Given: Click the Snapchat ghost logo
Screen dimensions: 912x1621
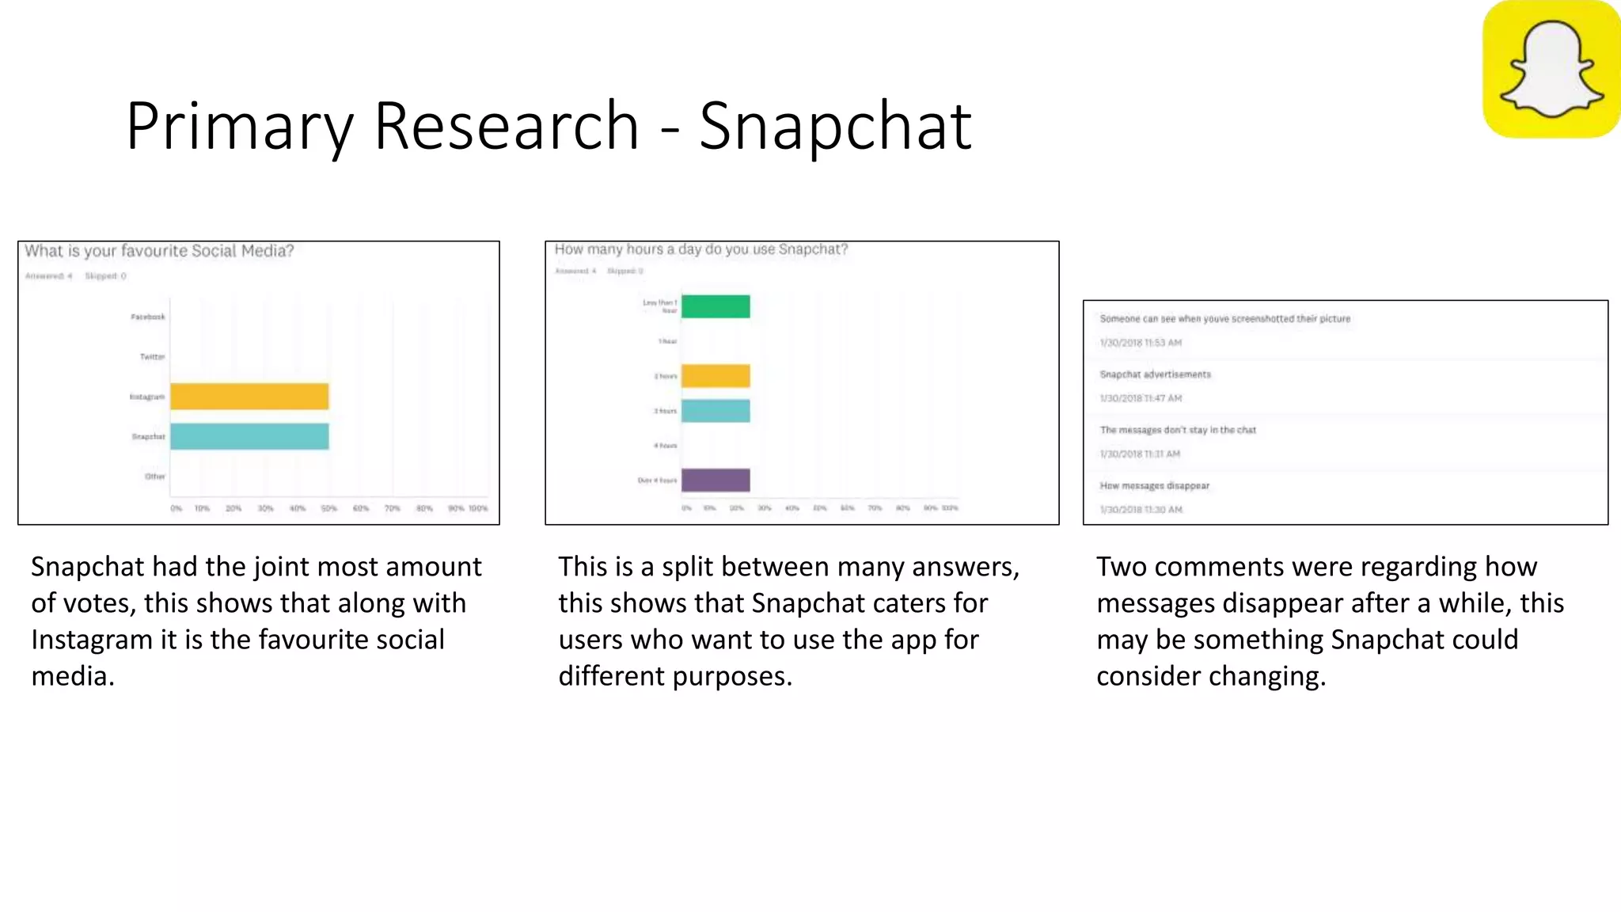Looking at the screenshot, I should pyautogui.click(x=1551, y=69).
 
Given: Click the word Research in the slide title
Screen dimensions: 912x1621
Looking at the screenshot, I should pyautogui.click(x=506, y=126).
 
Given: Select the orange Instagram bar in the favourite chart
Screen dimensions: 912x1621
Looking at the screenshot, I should pyautogui.click(x=249, y=397).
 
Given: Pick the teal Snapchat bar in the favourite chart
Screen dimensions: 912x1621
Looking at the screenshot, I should pyautogui.click(x=249, y=436).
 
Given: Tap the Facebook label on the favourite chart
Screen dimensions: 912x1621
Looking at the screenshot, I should pyautogui.click(x=148, y=317).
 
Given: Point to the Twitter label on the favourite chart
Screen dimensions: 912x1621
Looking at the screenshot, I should pyautogui.click(x=152, y=357).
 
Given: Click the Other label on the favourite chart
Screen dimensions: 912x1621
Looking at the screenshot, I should pyautogui.click(x=155, y=477).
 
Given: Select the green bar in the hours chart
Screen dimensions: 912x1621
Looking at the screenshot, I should pyautogui.click(x=716, y=306).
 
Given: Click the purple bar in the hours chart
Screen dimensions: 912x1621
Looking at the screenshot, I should pyautogui.click(x=716, y=480).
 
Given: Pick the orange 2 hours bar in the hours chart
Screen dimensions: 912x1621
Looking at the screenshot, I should pyautogui.click(x=716, y=376).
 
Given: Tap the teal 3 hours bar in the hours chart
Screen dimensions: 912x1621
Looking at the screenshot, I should pyautogui.click(x=716, y=411).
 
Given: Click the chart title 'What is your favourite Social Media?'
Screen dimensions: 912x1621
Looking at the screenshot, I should pyautogui.click(x=159, y=251).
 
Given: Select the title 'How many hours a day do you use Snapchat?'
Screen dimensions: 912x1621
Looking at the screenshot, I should pyautogui.click(x=700, y=249).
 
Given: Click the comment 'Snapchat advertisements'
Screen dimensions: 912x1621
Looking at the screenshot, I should pyautogui.click(x=1155, y=374).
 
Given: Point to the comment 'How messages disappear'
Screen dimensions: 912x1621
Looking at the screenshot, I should pyautogui.click(x=1154, y=486).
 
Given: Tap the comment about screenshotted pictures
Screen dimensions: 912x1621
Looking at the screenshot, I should pyautogui.click(x=1224, y=319).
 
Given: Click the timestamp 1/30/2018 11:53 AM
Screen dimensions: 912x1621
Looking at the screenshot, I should pyautogui.click(x=1140, y=343).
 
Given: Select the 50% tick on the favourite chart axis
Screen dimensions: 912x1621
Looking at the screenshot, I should pyautogui.click(x=328, y=508).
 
